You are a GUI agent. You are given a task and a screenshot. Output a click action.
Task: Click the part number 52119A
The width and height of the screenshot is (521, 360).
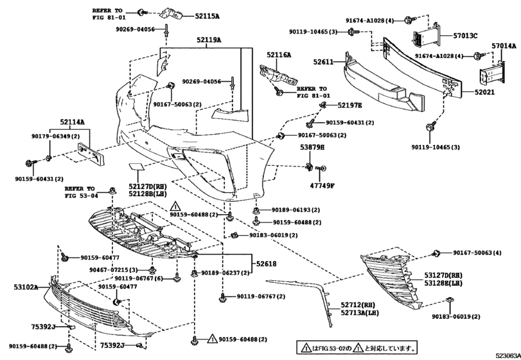point(209,40)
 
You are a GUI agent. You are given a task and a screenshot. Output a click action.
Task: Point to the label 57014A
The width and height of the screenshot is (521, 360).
point(504,46)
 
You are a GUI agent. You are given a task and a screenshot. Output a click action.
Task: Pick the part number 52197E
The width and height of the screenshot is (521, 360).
point(349,105)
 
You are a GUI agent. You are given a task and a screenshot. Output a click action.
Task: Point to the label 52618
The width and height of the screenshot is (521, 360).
point(267,264)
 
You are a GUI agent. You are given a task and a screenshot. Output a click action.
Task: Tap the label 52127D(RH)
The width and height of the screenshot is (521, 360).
point(147,185)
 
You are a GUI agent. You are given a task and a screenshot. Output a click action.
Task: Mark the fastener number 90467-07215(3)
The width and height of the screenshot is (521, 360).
point(114,269)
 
